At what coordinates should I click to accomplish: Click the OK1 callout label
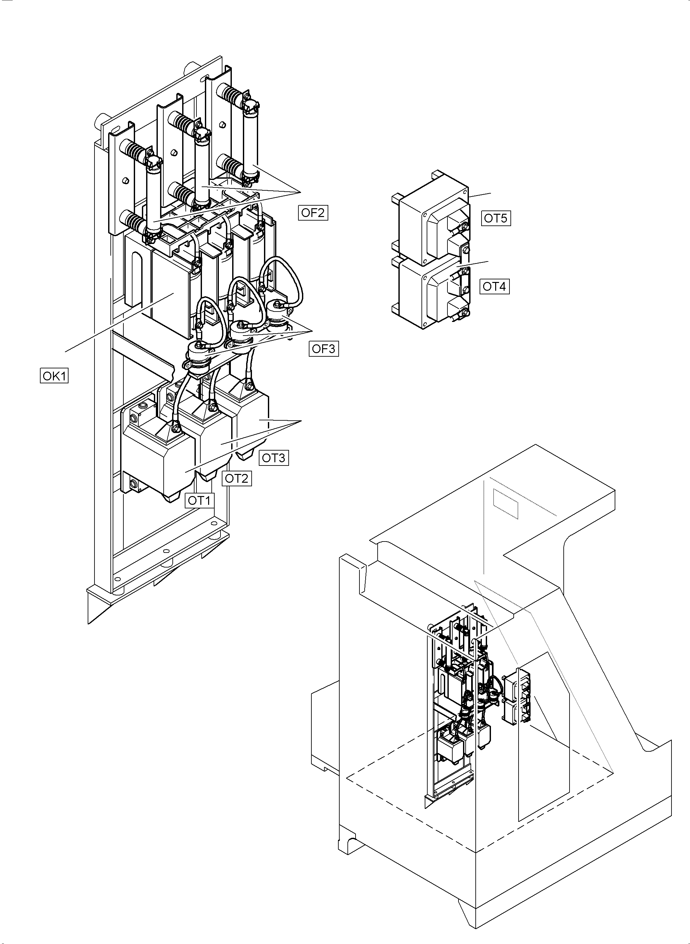tap(54, 376)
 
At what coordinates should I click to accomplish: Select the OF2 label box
tap(313, 213)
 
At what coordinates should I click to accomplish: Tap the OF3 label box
tap(324, 349)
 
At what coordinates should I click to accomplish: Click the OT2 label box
tap(236, 478)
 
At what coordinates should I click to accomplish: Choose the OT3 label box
tap(273, 458)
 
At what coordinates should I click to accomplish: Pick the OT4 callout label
tap(494, 287)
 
